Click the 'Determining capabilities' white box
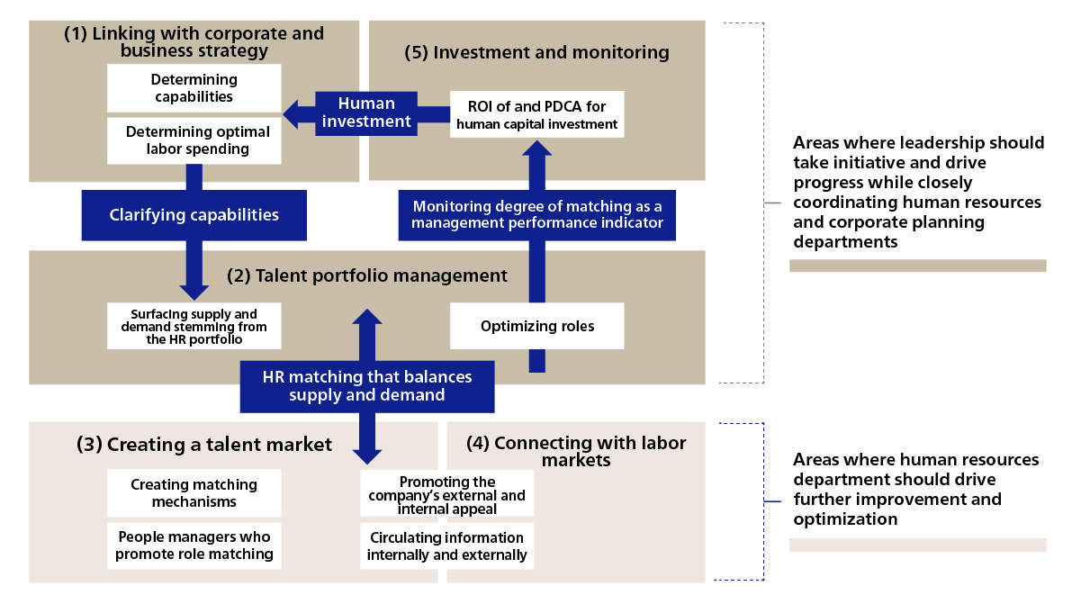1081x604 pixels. [x=194, y=88]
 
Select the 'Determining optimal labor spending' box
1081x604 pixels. [x=194, y=140]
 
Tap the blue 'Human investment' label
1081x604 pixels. [x=366, y=113]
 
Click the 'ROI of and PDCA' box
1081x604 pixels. [x=537, y=114]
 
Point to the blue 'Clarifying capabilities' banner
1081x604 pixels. [x=194, y=215]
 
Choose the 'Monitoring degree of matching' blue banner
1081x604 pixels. [x=536, y=215]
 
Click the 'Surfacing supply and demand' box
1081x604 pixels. [x=194, y=325]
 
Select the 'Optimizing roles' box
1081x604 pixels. [x=537, y=326]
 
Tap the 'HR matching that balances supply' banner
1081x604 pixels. [x=366, y=385]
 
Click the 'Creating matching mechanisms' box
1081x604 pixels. [x=194, y=492]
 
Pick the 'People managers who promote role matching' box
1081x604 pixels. [x=194, y=545]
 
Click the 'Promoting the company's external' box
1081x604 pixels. [x=448, y=495]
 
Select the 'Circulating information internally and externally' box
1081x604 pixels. [x=447, y=546]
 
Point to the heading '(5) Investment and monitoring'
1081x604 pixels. [x=538, y=52]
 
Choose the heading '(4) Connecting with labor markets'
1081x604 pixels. [x=576, y=451]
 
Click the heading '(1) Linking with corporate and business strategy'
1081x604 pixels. [x=194, y=41]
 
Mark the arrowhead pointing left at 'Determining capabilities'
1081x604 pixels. [x=291, y=113]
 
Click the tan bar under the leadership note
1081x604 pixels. [x=917, y=266]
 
